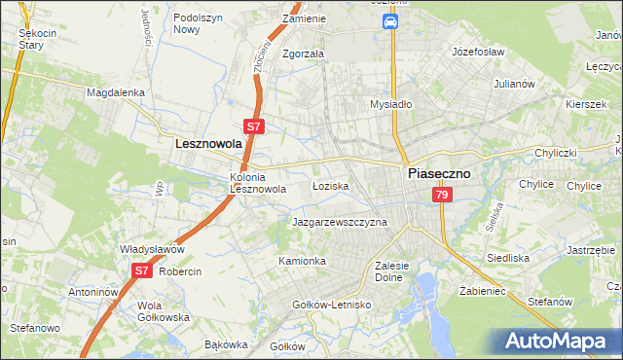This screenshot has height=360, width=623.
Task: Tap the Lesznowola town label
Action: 207,143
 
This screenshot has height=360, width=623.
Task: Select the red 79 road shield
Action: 443,196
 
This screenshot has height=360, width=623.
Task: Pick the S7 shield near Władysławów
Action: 142,271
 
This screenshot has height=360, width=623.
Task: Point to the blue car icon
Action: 389,21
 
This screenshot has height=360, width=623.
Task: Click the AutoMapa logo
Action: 562,341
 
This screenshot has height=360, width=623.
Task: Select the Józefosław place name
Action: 483,50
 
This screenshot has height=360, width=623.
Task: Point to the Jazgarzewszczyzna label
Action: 340,222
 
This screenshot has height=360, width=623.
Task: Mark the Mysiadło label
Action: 392,104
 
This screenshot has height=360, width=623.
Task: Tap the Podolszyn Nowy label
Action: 200,23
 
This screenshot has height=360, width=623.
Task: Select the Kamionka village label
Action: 302,261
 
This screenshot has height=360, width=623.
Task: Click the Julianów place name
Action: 515,84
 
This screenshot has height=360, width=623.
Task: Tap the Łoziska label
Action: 330,185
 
